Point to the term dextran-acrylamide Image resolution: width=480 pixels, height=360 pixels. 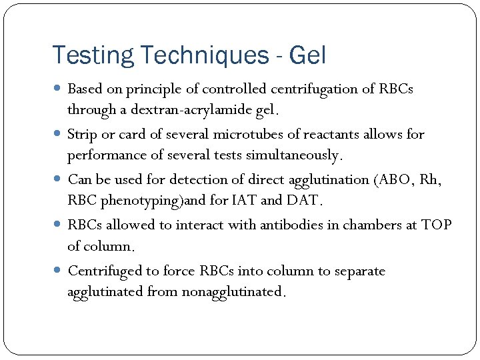194,109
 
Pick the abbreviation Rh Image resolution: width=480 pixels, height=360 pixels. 431,179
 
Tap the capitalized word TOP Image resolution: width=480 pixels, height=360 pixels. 436,225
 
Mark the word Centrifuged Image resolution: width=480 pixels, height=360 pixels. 104,271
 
